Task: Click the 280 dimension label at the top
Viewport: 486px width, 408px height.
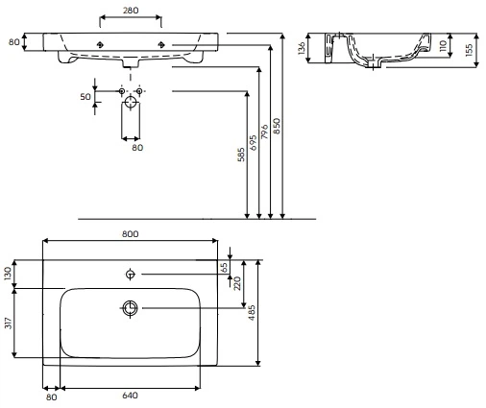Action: [131, 11]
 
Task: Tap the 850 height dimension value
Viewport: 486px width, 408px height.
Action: [277, 126]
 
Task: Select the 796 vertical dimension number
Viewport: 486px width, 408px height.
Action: [265, 132]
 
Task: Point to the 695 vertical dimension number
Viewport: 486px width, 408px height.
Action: [253, 143]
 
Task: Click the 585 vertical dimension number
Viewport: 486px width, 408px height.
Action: [241, 155]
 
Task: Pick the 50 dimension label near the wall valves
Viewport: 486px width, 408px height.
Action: [85, 96]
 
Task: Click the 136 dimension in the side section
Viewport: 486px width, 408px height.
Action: [302, 48]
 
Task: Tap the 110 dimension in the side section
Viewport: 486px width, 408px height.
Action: [443, 46]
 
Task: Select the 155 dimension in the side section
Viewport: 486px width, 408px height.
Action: [469, 50]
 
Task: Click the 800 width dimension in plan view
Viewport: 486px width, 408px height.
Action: [131, 234]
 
